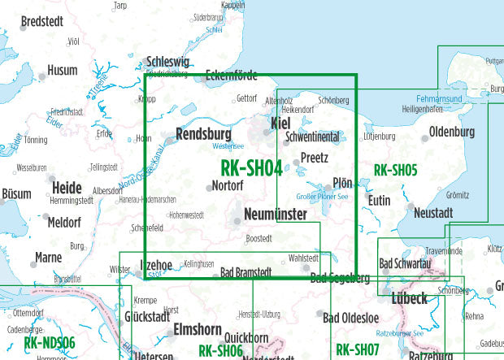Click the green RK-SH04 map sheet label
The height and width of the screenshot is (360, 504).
(x=251, y=169)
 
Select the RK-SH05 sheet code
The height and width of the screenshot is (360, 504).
(x=395, y=171)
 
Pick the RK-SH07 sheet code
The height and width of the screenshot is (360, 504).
(x=357, y=350)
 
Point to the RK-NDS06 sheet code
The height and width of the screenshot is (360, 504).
(x=49, y=342)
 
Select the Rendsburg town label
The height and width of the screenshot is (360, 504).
(x=203, y=134)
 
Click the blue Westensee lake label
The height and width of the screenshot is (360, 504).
(x=227, y=147)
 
